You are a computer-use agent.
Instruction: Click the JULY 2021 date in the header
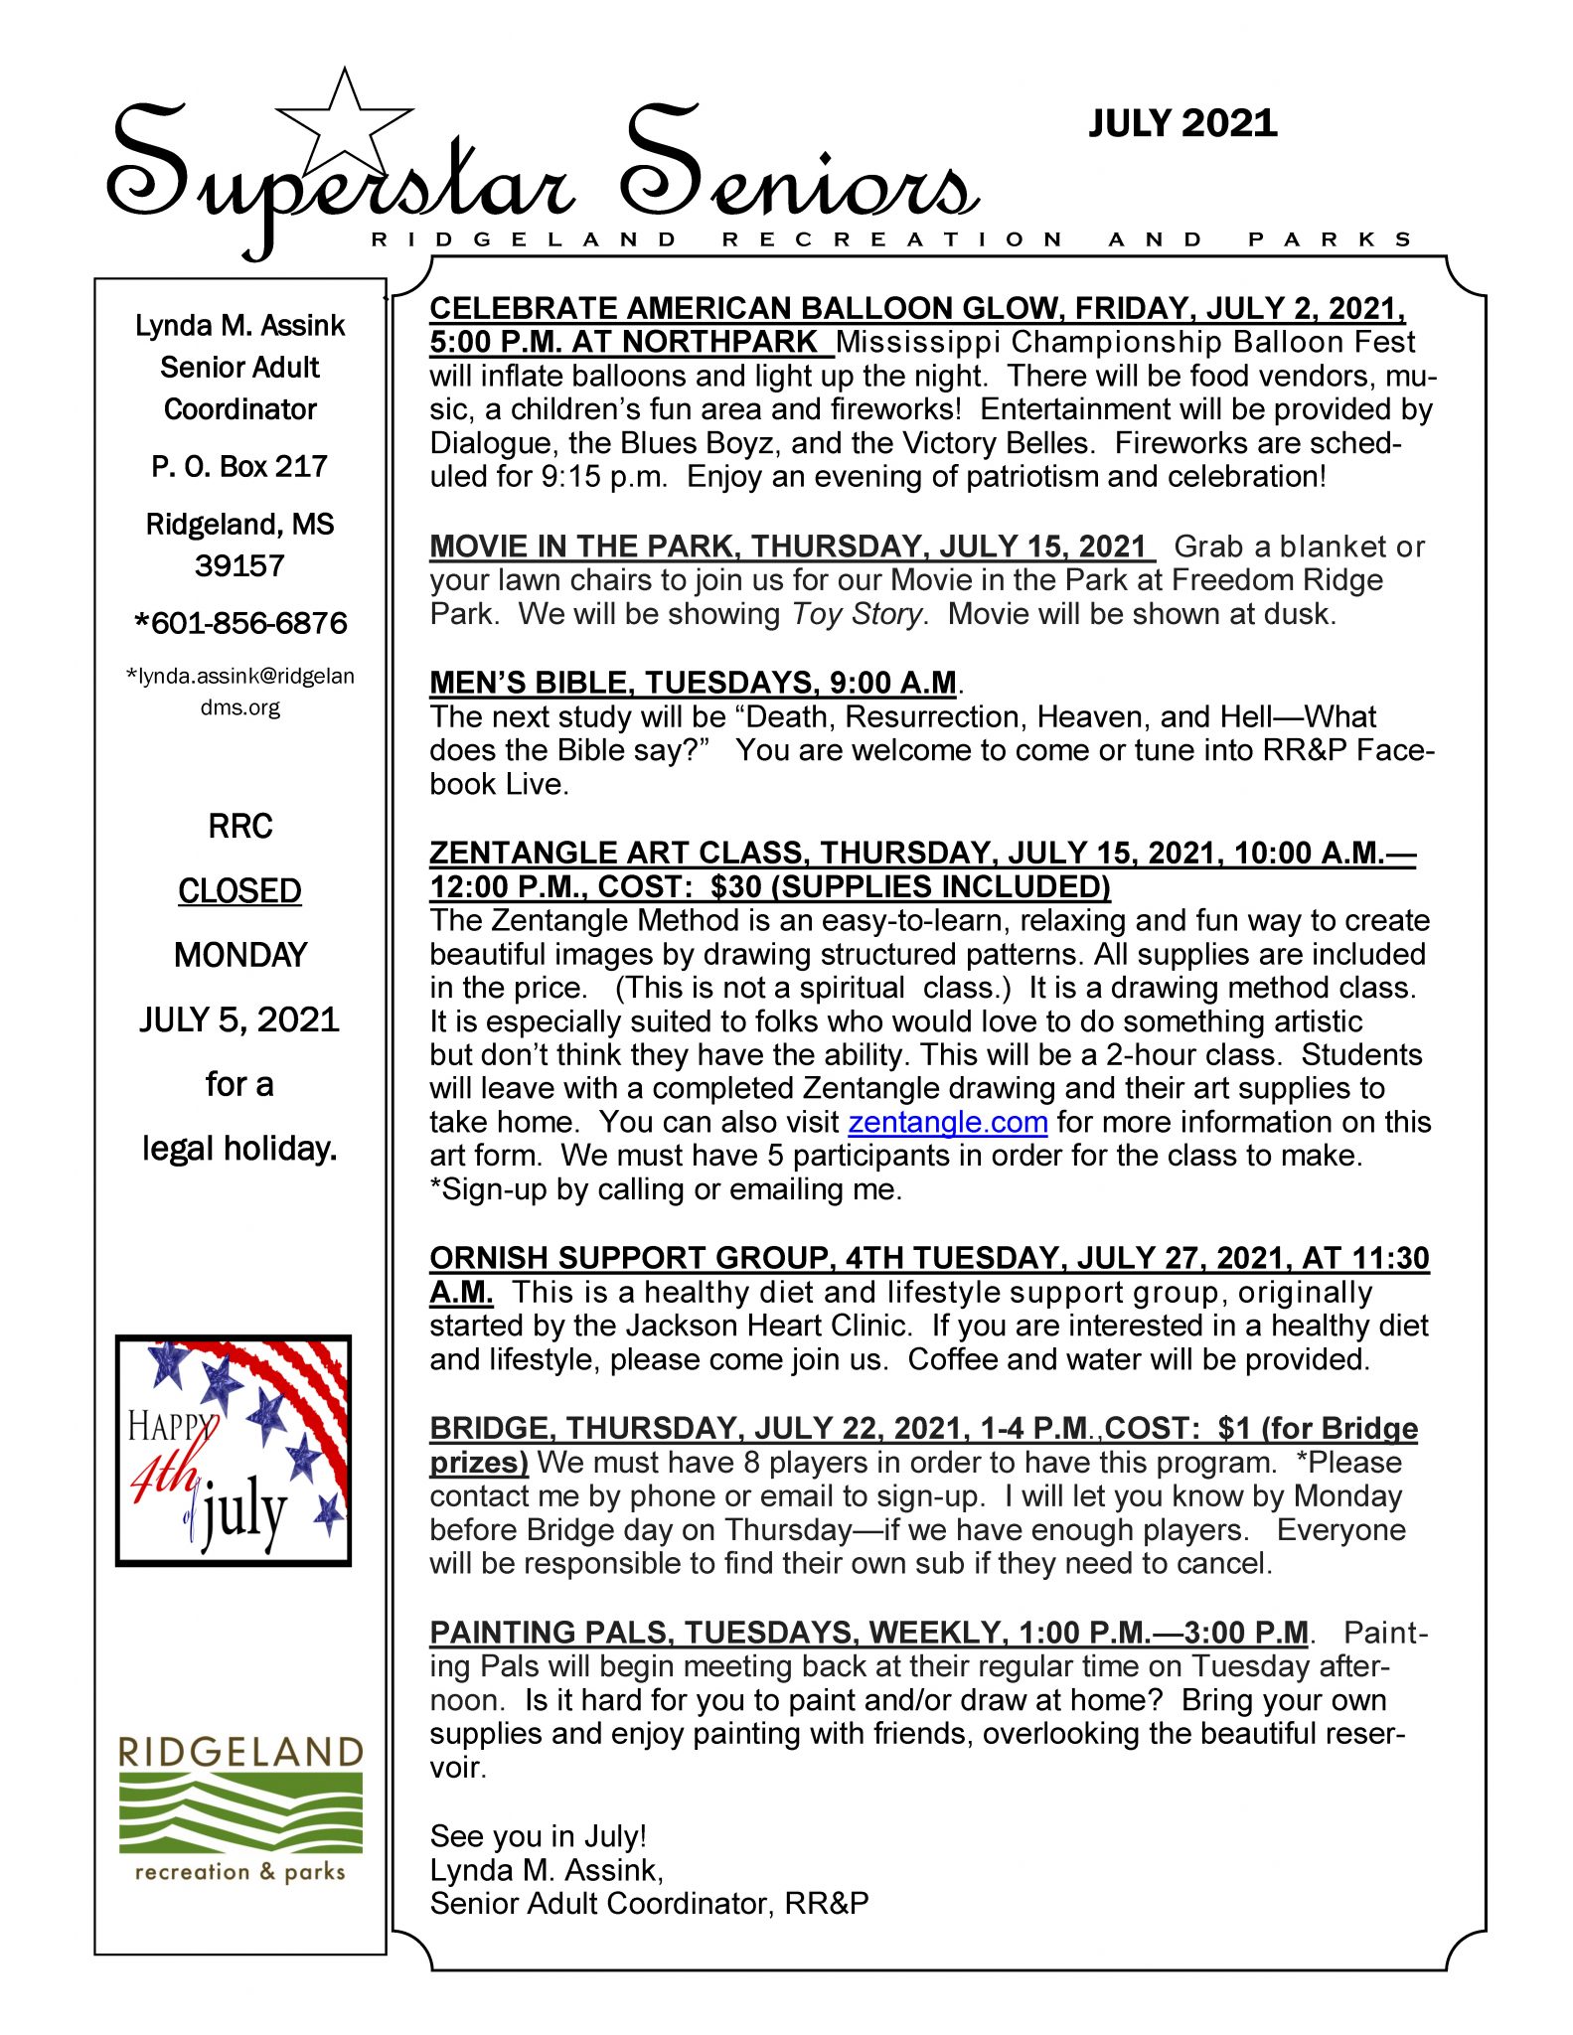pyautogui.click(x=1182, y=123)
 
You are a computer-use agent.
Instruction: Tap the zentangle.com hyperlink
pyautogui.click(x=947, y=1122)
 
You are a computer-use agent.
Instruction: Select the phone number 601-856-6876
pyautogui.click(x=241, y=623)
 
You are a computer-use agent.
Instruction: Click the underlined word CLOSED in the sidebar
pyautogui.click(x=239, y=891)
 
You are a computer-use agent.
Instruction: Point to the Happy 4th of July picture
pyautogui.click(x=234, y=1451)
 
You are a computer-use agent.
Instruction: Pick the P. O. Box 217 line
pyautogui.click(x=239, y=466)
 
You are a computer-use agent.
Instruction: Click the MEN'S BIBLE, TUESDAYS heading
pyautogui.click(x=693, y=683)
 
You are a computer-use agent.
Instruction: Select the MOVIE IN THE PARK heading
pyautogui.click(x=790, y=547)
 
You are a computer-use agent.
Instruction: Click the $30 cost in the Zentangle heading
pyautogui.click(x=735, y=886)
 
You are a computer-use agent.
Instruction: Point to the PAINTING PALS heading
pyautogui.click(x=868, y=1633)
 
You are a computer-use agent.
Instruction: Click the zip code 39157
pyautogui.click(x=239, y=565)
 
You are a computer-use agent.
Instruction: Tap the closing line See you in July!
pyautogui.click(x=538, y=1836)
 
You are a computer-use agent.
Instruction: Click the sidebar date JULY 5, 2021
pyautogui.click(x=239, y=1019)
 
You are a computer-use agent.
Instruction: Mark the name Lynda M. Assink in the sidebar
pyautogui.click(x=239, y=326)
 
